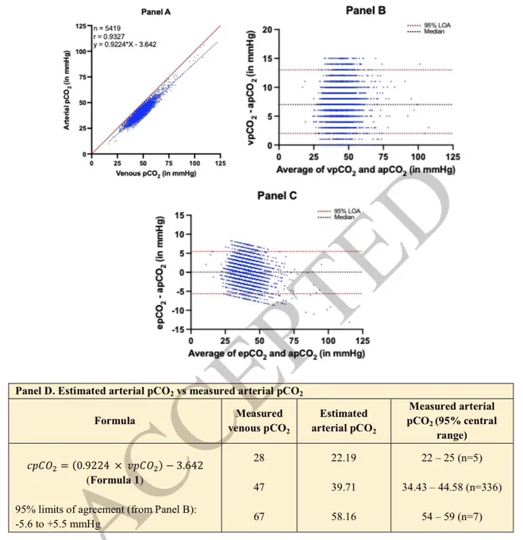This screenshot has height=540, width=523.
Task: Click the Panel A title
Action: (156, 12)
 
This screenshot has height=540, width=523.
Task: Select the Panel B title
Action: (365, 10)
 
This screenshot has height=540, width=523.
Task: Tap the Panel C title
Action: (277, 195)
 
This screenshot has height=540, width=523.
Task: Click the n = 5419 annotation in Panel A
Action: (107, 29)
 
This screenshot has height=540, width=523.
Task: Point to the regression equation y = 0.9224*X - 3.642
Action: (125, 44)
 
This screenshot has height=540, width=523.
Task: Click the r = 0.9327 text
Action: (109, 37)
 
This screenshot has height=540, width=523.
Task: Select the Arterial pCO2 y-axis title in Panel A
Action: (67, 91)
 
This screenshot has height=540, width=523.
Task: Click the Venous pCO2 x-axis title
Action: (156, 174)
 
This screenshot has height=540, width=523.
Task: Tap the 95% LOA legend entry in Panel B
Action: (429, 25)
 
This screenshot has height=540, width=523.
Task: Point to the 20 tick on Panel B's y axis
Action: (267, 29)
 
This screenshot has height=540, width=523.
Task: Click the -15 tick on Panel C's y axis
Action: (179, 330)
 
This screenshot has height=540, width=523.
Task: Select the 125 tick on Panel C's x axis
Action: (363, 341)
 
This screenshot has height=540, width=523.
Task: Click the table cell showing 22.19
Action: (344, 457)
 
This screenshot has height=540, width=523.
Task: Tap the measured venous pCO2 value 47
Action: (259, 487)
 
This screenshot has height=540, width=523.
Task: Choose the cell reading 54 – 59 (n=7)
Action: (452, 516)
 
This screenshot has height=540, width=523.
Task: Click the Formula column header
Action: (114, 421)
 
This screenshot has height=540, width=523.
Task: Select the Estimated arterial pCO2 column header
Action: (344, 421)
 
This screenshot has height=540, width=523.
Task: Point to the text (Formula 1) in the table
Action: (114, 480)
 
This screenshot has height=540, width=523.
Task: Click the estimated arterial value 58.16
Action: (344, 516)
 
